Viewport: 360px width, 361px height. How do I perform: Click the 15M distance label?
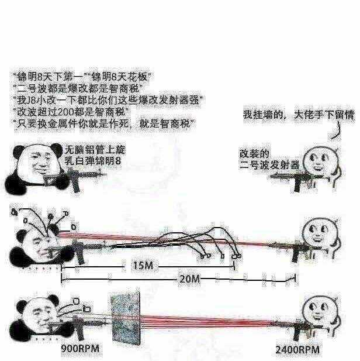(143, 266)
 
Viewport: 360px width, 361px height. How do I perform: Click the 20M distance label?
(189, 279)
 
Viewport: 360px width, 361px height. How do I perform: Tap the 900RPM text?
(80, 348)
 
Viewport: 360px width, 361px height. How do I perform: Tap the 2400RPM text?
(297, 350)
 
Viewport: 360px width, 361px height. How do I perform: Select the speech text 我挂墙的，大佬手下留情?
(299, 115)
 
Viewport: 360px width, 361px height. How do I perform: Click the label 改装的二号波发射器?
(269, 159)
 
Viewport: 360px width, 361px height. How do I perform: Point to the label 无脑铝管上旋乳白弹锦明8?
(95, 155)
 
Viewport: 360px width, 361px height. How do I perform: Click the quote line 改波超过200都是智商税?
(71, 112)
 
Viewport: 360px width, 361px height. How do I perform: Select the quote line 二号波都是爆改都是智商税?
(78, 88)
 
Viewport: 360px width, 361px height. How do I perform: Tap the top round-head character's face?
(319, 162)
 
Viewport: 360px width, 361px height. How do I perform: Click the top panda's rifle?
(74, 178)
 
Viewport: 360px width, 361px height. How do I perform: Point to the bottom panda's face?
(41, 315)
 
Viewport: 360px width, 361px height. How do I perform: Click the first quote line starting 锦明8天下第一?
(82, 77)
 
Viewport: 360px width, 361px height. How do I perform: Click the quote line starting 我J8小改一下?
(109, 100)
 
